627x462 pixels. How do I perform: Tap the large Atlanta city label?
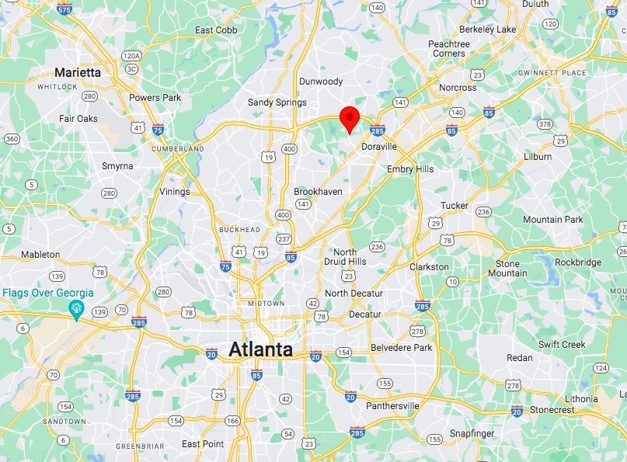tap(260, 349)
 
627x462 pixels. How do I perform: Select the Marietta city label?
tap(78, 72)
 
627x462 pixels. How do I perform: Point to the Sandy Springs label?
tap(277, 102)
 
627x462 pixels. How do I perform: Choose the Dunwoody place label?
tap(321, 81)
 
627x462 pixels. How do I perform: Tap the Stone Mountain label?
tap(507, 269)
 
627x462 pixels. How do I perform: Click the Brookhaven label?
tap(318, 191)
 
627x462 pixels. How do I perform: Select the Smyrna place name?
tap(117, 166)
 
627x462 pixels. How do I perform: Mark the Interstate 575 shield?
tap(64, 9)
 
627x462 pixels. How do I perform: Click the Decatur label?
tap(364, 314)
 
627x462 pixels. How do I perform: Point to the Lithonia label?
tap(581, 398)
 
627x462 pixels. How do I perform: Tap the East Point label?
tap(203, 444)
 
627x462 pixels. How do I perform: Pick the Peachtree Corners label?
tap(449, 49)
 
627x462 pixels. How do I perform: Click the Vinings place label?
tap(174, 192)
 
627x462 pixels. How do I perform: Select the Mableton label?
tap(40, 255)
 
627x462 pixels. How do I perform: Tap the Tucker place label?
tap(455, 206)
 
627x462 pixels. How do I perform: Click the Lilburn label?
tap(537, 156)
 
